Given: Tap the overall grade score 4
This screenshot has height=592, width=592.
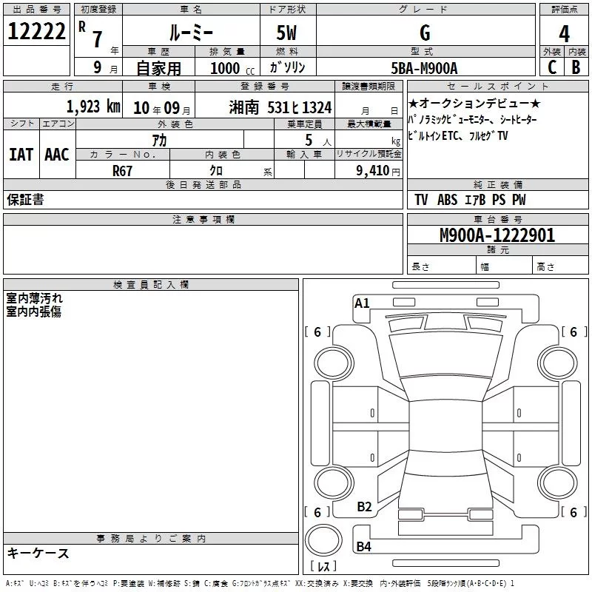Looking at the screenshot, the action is (565, 33).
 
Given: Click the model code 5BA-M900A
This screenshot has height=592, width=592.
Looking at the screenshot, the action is (425, 68).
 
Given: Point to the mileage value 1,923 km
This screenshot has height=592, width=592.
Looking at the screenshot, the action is (93, 107).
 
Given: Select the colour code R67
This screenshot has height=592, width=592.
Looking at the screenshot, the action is (122, 169).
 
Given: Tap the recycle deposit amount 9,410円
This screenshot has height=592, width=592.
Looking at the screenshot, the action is (377, 170).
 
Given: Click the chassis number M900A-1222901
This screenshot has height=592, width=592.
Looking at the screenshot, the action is (497, 235).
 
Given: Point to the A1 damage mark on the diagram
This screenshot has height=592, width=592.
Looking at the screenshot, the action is (362, 303).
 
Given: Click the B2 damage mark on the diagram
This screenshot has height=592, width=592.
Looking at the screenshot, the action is (364, 507).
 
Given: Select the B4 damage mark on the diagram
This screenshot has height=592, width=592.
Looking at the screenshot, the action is (363, 547).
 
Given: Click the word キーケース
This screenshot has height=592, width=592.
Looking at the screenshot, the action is (38, 554).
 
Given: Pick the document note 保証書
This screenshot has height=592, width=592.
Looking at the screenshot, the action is (25, 199).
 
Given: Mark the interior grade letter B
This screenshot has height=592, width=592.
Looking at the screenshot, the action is (576, 68).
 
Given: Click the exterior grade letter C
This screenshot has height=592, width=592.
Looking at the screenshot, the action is (551, 68).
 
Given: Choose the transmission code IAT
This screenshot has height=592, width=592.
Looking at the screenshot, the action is (21, 155).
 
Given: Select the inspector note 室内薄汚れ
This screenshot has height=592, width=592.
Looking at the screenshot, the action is (35, 298).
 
